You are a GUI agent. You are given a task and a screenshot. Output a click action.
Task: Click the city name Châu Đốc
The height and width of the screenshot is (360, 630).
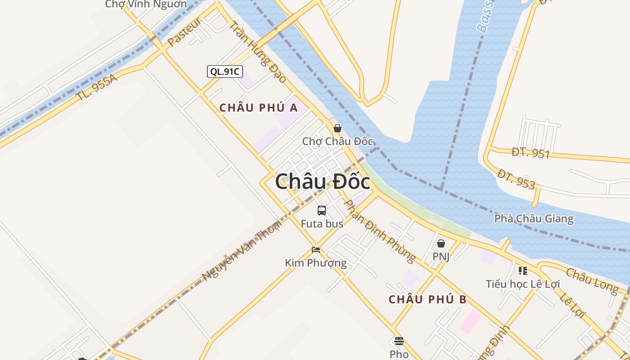323,182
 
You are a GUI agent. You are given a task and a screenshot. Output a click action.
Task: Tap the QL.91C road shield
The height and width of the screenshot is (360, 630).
225,71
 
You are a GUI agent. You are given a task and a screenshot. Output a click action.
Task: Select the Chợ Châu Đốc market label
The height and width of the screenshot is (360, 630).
337,141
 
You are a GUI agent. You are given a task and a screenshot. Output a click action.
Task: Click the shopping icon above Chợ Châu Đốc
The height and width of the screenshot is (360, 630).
337,129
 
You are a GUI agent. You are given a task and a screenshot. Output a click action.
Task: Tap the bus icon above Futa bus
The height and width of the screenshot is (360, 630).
322,210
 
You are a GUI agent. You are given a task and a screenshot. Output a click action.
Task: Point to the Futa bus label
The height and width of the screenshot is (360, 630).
322,224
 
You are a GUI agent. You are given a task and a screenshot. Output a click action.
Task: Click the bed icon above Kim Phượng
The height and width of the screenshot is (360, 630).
316,250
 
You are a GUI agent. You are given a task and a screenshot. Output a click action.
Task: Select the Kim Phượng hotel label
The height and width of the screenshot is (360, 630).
316,263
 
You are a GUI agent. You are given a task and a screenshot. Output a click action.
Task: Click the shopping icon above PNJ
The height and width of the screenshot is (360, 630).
441,243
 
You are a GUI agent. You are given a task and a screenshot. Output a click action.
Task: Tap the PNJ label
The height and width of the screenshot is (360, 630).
441,256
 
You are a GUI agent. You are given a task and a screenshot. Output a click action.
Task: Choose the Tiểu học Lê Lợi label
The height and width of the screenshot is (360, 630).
523,284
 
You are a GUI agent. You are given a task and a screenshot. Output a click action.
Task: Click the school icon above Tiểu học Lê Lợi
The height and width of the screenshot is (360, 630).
523,271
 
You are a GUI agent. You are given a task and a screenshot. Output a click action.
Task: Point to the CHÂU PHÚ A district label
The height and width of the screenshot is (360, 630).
259,108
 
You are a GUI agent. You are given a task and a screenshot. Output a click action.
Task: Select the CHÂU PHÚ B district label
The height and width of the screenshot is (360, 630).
428,299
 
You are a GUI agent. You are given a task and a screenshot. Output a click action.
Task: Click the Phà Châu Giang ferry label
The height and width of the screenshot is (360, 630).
534,219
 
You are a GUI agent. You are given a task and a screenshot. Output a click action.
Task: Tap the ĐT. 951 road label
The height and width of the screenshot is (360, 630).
531,153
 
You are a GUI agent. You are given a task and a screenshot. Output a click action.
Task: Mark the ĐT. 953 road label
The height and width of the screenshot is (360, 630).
517,179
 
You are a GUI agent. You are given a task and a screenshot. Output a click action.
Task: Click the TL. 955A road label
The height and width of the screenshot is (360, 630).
97,87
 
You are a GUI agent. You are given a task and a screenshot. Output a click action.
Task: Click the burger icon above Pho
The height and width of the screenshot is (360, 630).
399,341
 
